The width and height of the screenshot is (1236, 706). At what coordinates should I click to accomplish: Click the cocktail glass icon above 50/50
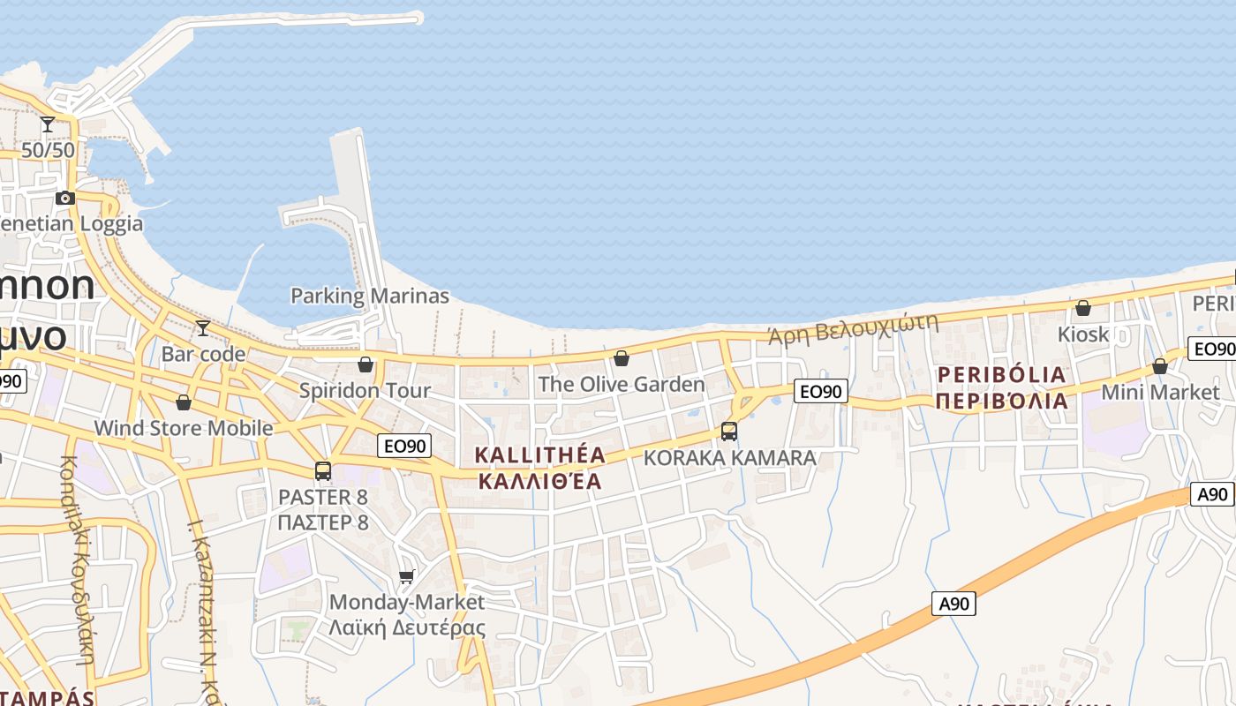[48, 124]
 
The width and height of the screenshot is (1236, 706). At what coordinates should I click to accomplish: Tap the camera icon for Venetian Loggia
[64, 198]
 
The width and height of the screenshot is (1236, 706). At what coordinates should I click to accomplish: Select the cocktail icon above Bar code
[203, 328]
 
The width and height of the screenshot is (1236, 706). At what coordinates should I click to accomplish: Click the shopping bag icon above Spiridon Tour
[366, 364]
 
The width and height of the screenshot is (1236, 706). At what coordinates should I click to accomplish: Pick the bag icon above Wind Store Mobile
[184, 402]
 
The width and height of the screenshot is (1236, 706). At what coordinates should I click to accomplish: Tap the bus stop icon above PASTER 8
[323, 471]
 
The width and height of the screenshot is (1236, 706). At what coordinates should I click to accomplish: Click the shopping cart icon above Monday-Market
[406, 577]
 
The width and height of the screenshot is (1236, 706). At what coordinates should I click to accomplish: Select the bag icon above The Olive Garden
[622, 357]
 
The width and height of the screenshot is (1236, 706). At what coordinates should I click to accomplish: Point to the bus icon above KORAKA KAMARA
[729, 432]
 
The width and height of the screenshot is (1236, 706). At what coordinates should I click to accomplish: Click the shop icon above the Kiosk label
[1082, 308]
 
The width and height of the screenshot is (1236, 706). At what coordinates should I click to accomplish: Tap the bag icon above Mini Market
[1160, 365]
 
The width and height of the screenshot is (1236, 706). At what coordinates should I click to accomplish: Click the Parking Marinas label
[370, 296]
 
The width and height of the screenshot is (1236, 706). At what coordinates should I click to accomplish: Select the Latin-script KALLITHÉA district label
[540, 455]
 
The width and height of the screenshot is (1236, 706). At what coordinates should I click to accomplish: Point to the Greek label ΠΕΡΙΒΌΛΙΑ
[1002, 402]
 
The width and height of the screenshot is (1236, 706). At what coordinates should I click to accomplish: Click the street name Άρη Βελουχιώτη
[852, 328]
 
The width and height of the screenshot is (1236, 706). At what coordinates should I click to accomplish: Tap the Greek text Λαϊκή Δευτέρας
[407, 628]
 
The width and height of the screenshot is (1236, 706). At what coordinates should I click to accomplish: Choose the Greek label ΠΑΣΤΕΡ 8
[323, 522]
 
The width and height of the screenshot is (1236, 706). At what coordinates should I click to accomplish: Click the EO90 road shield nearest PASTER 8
[405, 446]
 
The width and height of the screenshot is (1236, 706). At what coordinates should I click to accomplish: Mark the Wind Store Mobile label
[184, 428]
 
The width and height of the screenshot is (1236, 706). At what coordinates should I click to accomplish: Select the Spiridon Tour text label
[366, 390]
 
